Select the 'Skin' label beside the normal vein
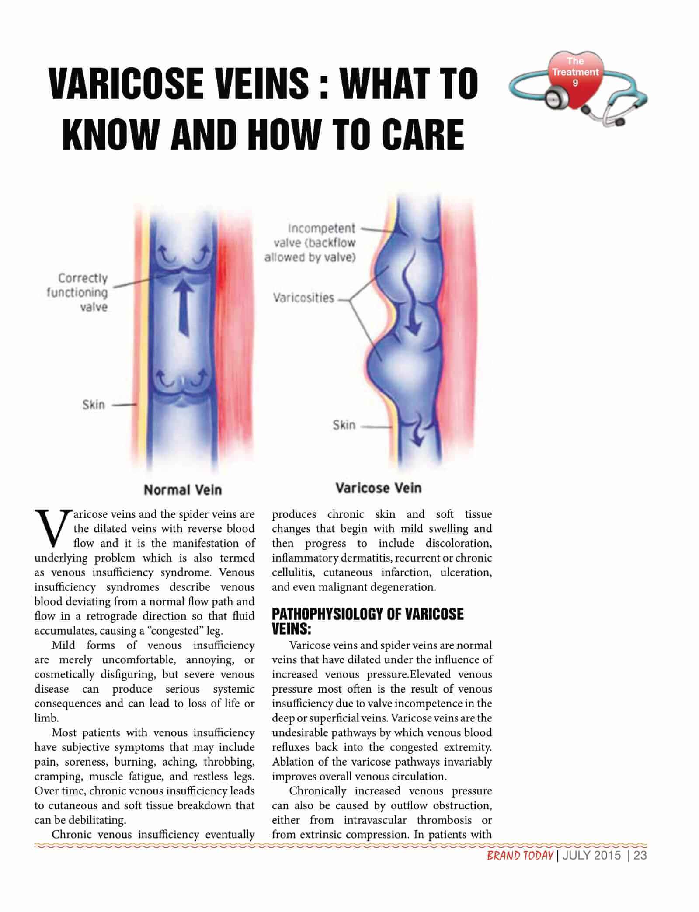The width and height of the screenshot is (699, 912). pyautogui.click(x=94, y=405)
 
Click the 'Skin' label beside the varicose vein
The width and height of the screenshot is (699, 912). pyautogui.click(x=344, y=425)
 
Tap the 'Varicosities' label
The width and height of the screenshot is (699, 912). pyautogui.click(x=303, y=298)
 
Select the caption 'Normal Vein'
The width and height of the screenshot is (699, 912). pyautogui.click(x=183, y=490)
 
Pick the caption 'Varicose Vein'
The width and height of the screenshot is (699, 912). pyautogui.click(x=378, y=488)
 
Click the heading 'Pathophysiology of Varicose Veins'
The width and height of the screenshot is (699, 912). pyautogui.click(x=367, y=621)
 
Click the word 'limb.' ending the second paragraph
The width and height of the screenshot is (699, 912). pyautogui.click(x=46, y=718)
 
